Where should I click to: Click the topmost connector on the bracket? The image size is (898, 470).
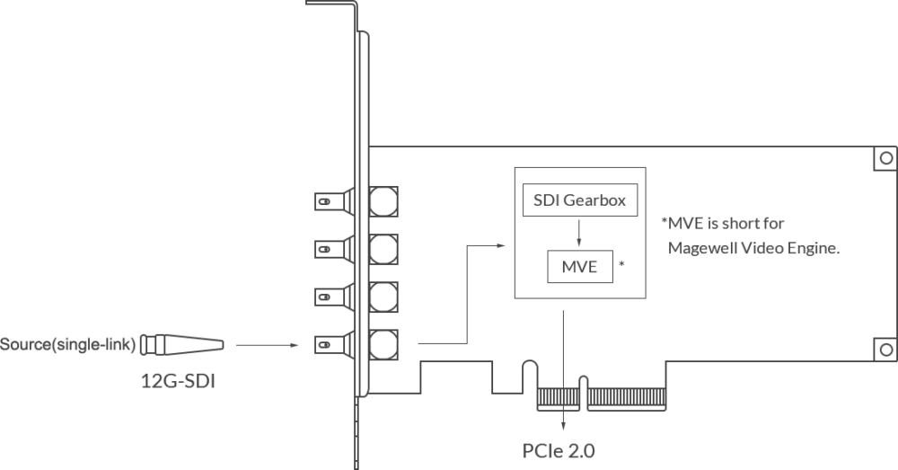[x=355, y=200]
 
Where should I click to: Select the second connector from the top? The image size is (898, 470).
[x=355, y=246]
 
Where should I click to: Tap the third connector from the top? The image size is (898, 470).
[x=355, y=296]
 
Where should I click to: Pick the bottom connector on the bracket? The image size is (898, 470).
[x=355, y=343]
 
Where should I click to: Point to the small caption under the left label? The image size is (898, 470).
[x=176, y=378]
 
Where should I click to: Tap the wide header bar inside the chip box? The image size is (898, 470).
[x=578, y=202]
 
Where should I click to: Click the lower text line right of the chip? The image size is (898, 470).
[x=753, y=250]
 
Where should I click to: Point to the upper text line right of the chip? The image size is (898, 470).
[x=725, y=220]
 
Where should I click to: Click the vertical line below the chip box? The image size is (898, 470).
[x=563, y=341]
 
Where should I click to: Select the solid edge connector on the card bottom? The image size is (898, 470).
[x=600, y=397]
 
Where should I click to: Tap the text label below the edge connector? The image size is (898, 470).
[x=558, y=447]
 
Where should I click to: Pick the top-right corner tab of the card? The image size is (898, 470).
[x=884, y=160]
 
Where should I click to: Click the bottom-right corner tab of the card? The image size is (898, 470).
[x=884, y=344]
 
